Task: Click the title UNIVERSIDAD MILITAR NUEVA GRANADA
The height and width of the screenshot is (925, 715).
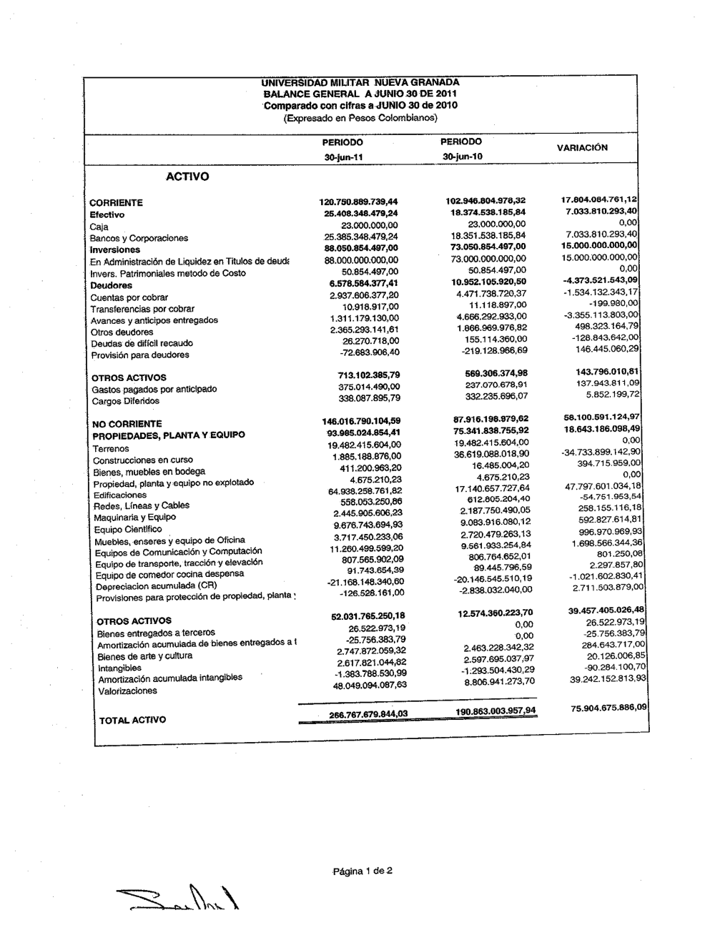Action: pyautogui.click(x=360, y=83)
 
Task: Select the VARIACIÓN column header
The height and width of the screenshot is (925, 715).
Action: pyautogui.click(x=582, y=148)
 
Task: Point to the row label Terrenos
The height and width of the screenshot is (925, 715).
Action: pyautogui.click(x=111, y=449)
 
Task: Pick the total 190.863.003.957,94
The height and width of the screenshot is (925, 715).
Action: pyautogui.click(x=495, y=711)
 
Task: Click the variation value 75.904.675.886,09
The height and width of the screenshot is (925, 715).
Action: pyautogui.click(x=608, y=707)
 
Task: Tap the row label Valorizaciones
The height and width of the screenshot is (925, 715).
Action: pyautogui.click(x=127, y=691)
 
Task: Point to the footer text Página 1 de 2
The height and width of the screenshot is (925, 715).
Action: pyautogui.click(x=363, y=871)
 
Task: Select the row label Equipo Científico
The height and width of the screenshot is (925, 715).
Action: pyautogui.click(x=128, y=529)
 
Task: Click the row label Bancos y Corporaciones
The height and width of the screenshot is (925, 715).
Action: pyautogui.click(x=139, y=238)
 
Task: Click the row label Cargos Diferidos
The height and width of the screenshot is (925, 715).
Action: pyautogui.click(x=126, y=401)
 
